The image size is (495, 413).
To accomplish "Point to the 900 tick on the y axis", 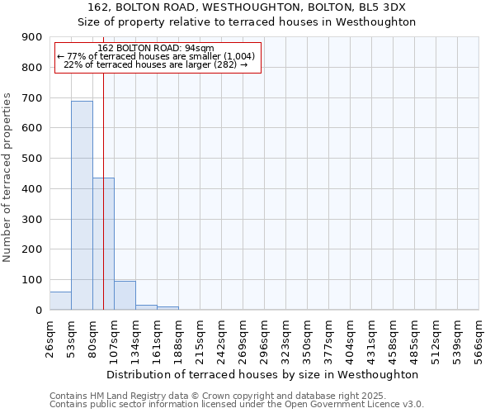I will click(32, 37).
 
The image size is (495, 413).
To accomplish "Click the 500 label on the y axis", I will click(32, 159).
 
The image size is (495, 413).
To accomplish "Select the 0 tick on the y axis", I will click(38, 310).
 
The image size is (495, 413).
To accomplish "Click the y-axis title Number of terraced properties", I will click(7, 178).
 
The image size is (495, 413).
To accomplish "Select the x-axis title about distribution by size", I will click(262, 374).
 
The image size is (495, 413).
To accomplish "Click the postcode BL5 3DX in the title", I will click(386, 7).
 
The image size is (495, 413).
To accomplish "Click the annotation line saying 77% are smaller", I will click(156, 56).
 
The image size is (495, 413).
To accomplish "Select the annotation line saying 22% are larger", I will click(156, 64).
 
